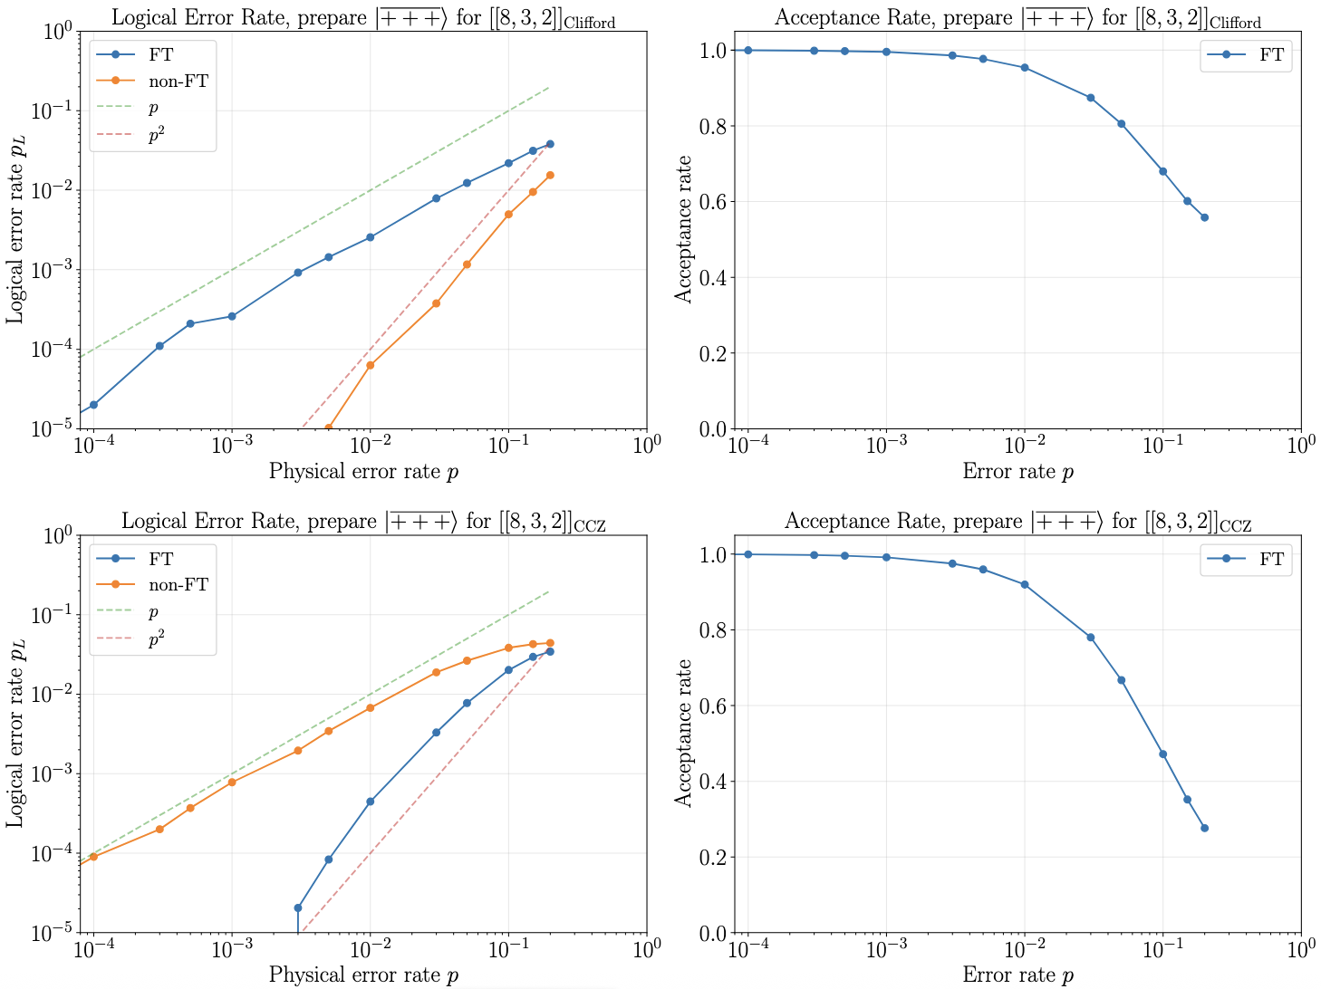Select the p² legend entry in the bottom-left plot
[x=156, y=640]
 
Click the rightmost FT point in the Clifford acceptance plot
[x=1204, y=217]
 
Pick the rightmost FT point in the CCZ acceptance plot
[x=1204, y=828]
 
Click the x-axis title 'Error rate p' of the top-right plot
[x=1017, y=472]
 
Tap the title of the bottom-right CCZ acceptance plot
[x=1017, y=522]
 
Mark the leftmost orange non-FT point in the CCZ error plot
[x=93, y=856]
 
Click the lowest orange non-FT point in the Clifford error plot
[x=328, y=427]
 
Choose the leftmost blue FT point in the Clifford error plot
[x=93, y=405]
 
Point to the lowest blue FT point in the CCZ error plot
[x=298, y=907]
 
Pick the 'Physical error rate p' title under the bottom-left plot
[x=363, y=975]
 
